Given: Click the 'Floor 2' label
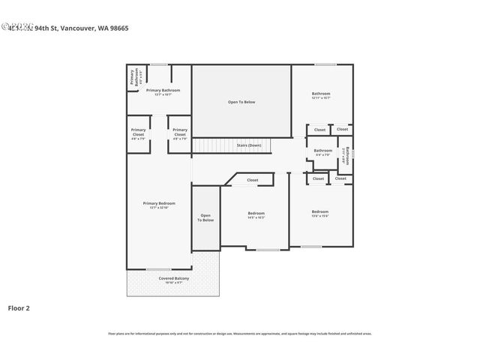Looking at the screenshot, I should [19, 307].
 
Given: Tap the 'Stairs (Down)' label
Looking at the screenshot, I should [249, 145].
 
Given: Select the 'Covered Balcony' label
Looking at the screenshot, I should [173, 278].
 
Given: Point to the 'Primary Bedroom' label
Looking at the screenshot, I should [159, 203].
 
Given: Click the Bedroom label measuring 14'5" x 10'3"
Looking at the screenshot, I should [256, 214].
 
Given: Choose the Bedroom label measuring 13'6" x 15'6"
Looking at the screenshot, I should [320, 212].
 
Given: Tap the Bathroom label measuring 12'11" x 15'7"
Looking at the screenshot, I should [321, 94].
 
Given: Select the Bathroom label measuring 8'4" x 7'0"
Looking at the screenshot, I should [323, 151].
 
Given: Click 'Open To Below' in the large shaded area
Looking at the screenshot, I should [241, 102].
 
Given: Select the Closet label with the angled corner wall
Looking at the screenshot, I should [253, 180].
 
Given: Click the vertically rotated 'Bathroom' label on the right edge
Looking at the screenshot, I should [347, 154].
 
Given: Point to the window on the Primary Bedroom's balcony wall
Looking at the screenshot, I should [158, 269].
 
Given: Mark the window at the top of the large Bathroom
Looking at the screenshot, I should [325, 64].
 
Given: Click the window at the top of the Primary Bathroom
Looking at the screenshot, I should [159, 64].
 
